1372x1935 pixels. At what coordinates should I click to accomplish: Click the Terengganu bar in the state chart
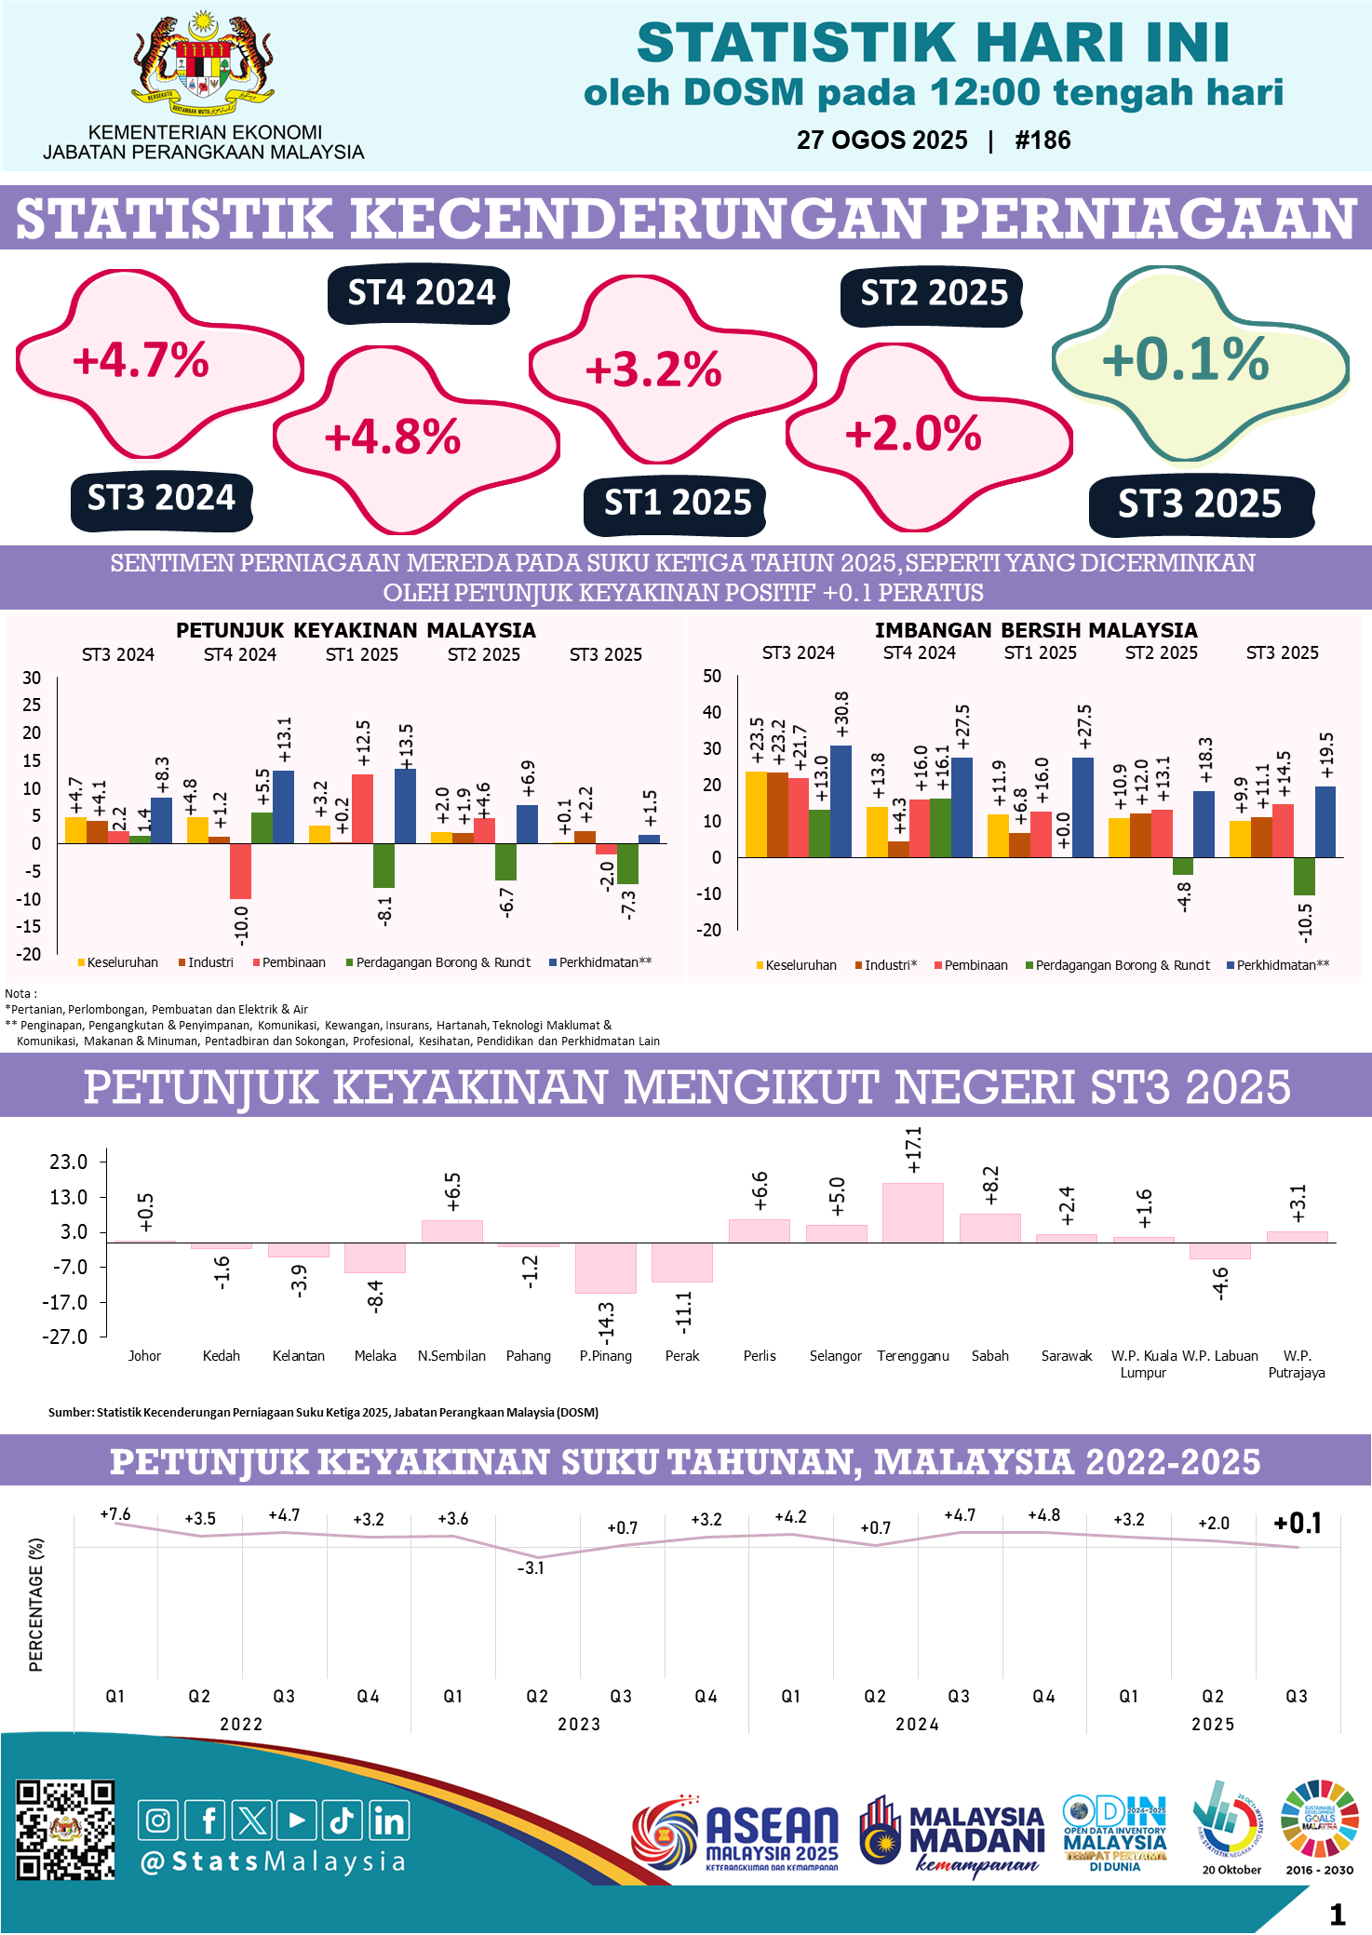coord(912,1213)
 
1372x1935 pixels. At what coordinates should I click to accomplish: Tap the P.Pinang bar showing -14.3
coord(605,1268)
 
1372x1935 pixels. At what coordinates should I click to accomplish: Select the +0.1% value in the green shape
coord(1185,360)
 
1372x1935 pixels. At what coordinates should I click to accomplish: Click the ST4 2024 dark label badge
coord(421,293)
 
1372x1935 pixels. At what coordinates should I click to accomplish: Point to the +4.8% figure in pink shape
coord(392,437)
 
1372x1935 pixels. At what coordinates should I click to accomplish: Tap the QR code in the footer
coord(65,1830)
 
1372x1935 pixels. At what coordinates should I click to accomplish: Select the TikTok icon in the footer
coord(342,1821)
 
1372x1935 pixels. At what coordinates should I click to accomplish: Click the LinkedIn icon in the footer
coord(388,1821)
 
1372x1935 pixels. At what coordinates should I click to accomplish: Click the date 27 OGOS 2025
coord(881,141)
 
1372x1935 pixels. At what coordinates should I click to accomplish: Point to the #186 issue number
coord(1042,141)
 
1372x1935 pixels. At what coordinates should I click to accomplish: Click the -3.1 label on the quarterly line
coord(531,1568)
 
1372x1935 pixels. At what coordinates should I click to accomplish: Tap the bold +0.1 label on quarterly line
coord(1298,1524)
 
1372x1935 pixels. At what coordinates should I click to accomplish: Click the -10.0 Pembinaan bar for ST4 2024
coord(240,871)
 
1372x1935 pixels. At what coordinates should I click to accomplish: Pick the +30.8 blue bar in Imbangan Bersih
coord(841,800)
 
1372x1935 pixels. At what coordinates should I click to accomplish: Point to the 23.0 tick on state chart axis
coord(69,1162)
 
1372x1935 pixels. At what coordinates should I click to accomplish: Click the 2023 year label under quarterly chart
coord(579,1725)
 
